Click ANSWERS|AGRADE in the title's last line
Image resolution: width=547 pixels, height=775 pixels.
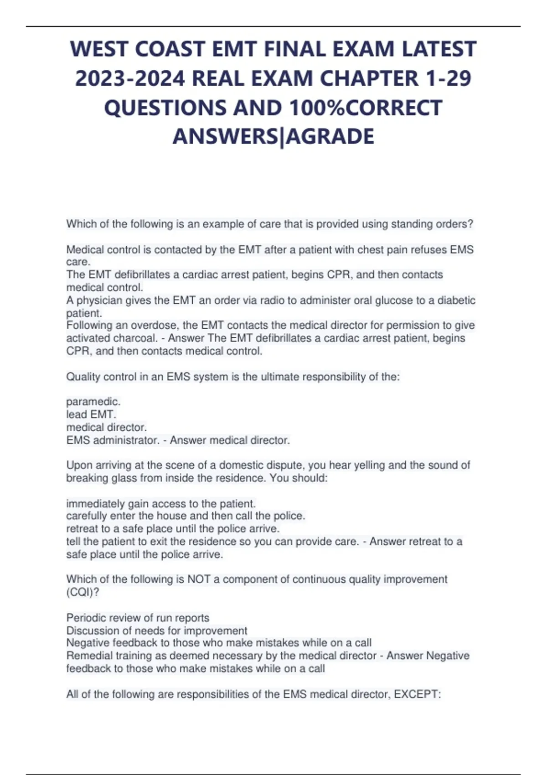pyautogui.click(x=273, y=136)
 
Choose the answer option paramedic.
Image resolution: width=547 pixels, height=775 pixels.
pyautogui.click(x=93, y=402)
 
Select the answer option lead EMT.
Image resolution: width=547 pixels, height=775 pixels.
pyautogui.click(x=91, y=414)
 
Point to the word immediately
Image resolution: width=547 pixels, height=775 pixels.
pyautogui.click(x=95, y=504)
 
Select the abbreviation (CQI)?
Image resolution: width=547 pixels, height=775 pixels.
pyautogui.click(x=83, y=592)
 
